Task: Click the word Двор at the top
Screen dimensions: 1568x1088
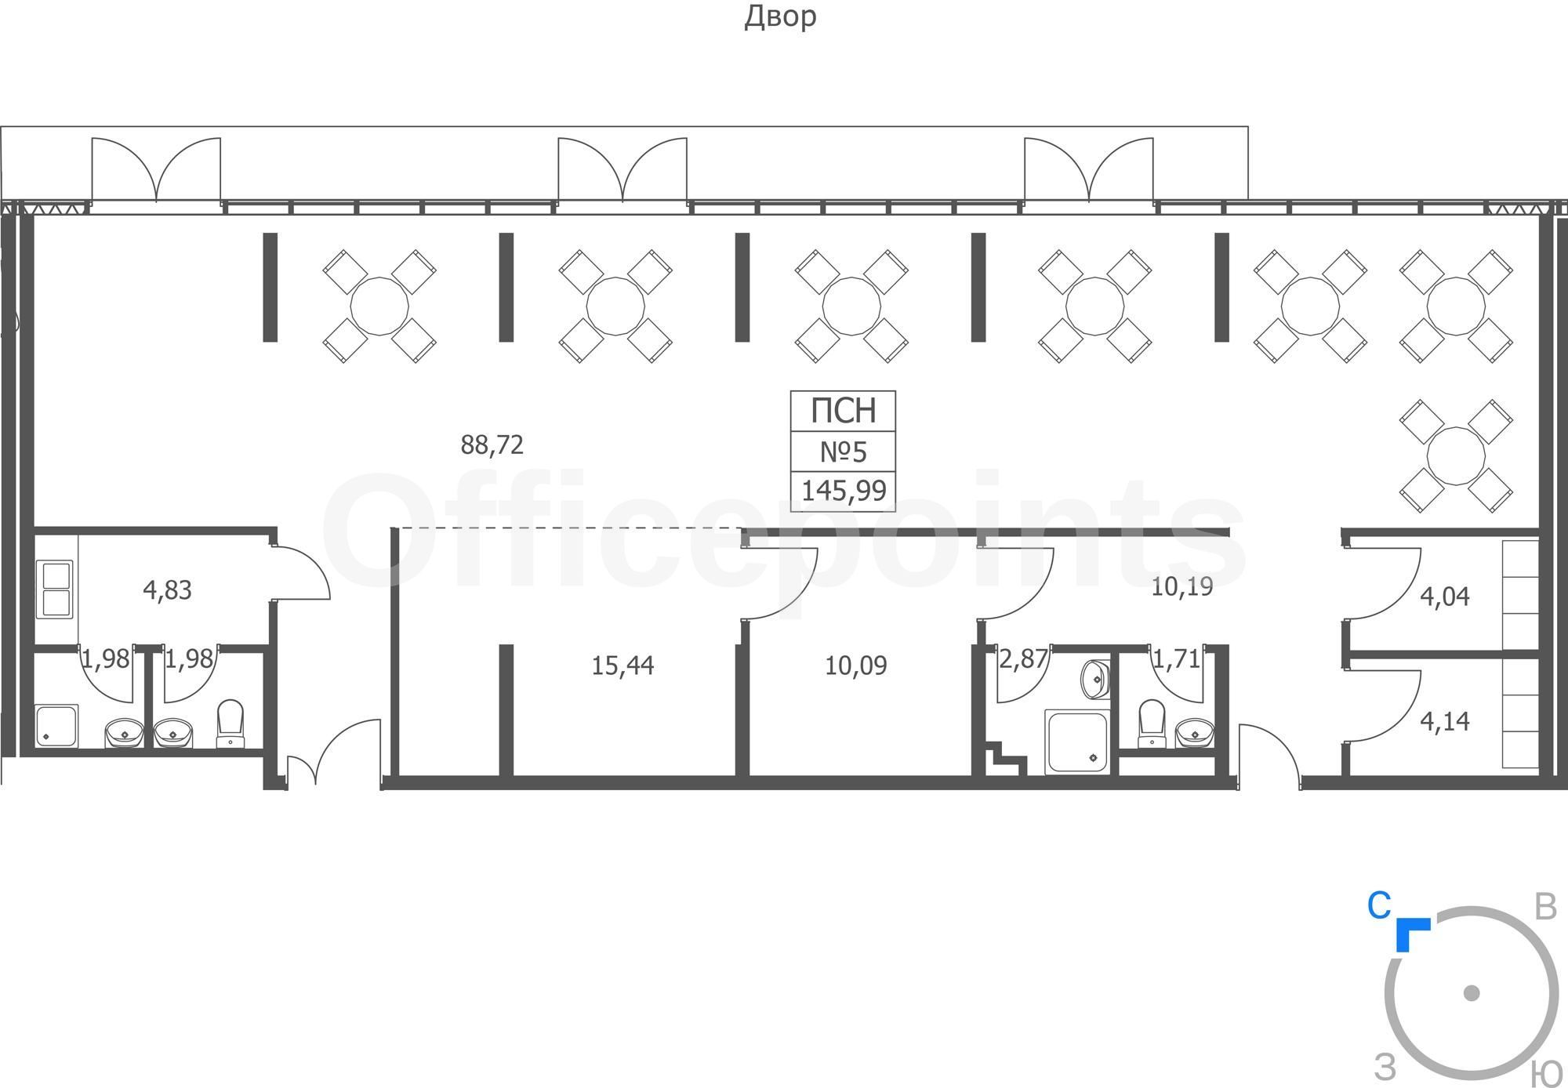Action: pos(780,17)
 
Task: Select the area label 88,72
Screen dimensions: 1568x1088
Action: pos(492,445)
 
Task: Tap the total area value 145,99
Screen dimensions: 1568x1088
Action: pos(844,491)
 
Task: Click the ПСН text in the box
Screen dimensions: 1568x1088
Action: pos(843,410)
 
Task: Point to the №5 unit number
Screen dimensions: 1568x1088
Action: pos(844,452)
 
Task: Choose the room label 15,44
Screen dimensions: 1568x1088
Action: pos(622,666)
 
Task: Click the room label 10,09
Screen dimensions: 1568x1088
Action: pos(856,666)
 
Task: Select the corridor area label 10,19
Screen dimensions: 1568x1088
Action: pos(1182,586)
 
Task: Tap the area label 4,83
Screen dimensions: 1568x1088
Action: pos(168,590)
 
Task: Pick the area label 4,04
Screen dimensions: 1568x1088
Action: pos(1445,597)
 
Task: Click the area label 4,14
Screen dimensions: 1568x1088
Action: pos(1445,721)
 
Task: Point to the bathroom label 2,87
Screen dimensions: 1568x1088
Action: pos(1023,658)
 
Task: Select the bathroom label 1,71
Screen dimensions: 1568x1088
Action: pos(1176,658)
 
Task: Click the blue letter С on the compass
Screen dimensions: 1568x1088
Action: pos(1379,906)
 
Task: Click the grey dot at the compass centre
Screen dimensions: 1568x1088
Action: pos(1472,993)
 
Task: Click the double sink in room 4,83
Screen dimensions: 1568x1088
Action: pos(54,589)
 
